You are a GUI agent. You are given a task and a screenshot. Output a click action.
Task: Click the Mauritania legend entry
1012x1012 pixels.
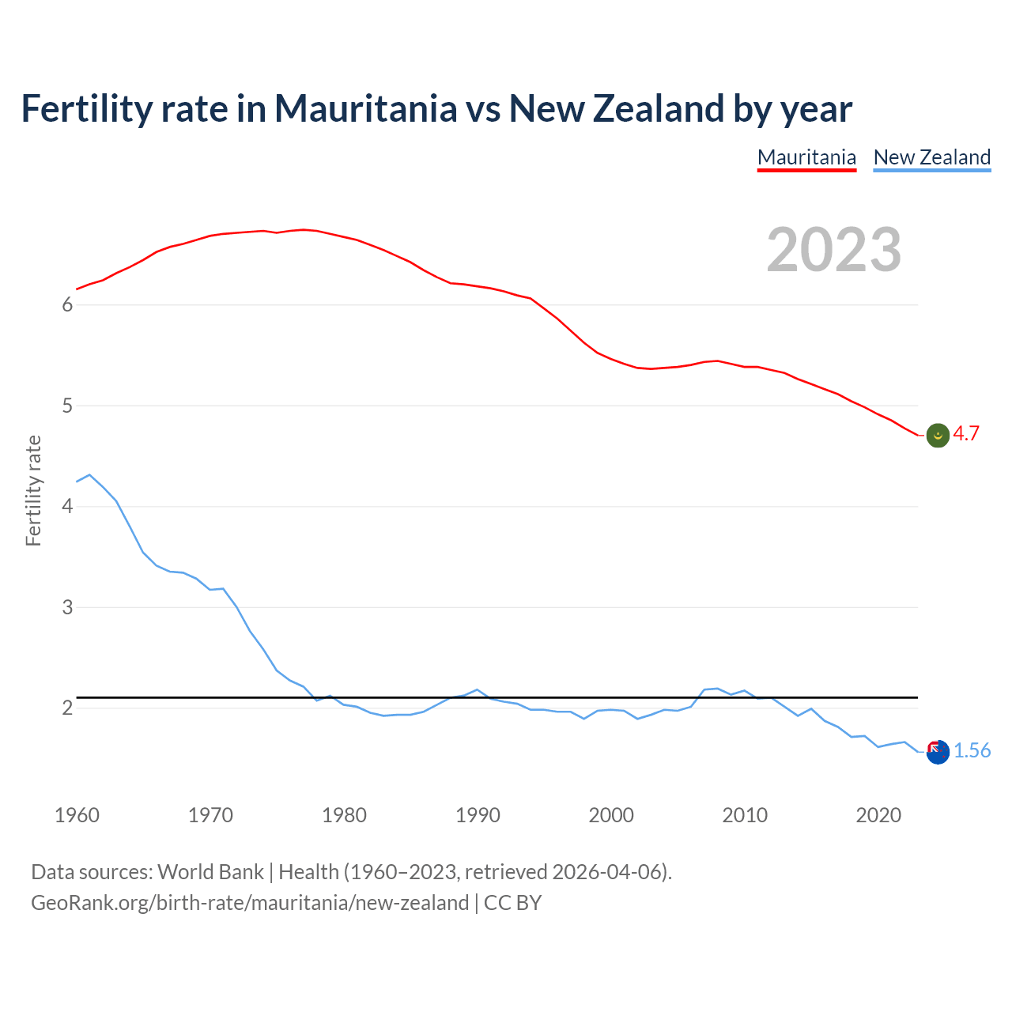point(806,157)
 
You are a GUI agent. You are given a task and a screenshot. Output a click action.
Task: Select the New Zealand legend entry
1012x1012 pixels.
point(931,157)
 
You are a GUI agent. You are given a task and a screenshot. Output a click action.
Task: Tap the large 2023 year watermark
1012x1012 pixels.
point(833,250)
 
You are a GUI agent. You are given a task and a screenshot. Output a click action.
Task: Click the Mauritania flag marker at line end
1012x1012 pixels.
point(938,435)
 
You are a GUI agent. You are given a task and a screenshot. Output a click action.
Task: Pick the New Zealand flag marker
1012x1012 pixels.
point(938,753)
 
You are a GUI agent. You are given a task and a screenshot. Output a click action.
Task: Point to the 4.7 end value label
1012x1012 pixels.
point(966,434)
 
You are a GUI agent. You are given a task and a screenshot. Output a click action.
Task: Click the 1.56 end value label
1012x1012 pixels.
point(972,751)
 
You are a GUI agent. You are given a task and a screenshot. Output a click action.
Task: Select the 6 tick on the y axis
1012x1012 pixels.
point(67,305)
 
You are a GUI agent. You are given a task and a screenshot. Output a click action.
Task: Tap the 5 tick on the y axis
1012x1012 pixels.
point(67,406)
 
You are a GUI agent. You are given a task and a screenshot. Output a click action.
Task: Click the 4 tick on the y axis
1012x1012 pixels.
point(67,507)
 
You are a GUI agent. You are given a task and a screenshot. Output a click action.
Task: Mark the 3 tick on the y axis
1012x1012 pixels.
point(67,607)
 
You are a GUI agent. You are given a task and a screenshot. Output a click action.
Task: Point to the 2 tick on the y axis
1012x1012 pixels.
point(67,708)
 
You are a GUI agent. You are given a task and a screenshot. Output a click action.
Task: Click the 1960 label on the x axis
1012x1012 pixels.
point(77,815)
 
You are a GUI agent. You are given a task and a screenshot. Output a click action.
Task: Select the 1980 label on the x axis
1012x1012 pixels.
point(344,815)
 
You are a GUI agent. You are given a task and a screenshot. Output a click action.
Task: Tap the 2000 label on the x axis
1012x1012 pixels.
point(611,815)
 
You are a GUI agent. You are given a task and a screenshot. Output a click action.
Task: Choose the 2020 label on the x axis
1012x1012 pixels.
point(878,815)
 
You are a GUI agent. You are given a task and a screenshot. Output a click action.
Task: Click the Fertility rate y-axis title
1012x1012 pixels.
point(33,490)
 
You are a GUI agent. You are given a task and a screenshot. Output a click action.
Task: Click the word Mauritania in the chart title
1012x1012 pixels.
point(365,108)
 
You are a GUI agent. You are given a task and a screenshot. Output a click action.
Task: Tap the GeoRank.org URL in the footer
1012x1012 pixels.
point(250,903)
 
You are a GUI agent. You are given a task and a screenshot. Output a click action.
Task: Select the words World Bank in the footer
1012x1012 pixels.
point(210,872)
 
